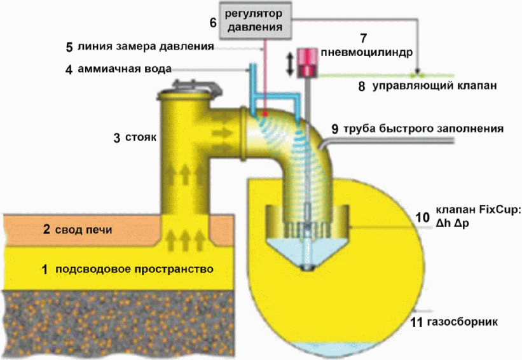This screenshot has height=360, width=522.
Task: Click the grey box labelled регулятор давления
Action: [256, 20]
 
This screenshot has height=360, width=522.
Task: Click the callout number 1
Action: [44, 269]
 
